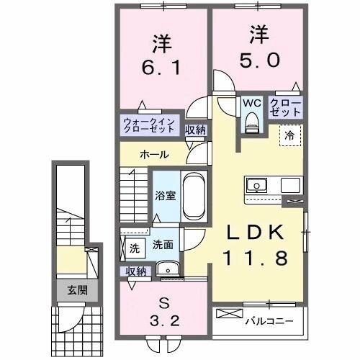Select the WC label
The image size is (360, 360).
coord(250,103)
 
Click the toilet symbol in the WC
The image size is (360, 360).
coord(251,124)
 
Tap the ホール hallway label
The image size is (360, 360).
coord(155,154)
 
